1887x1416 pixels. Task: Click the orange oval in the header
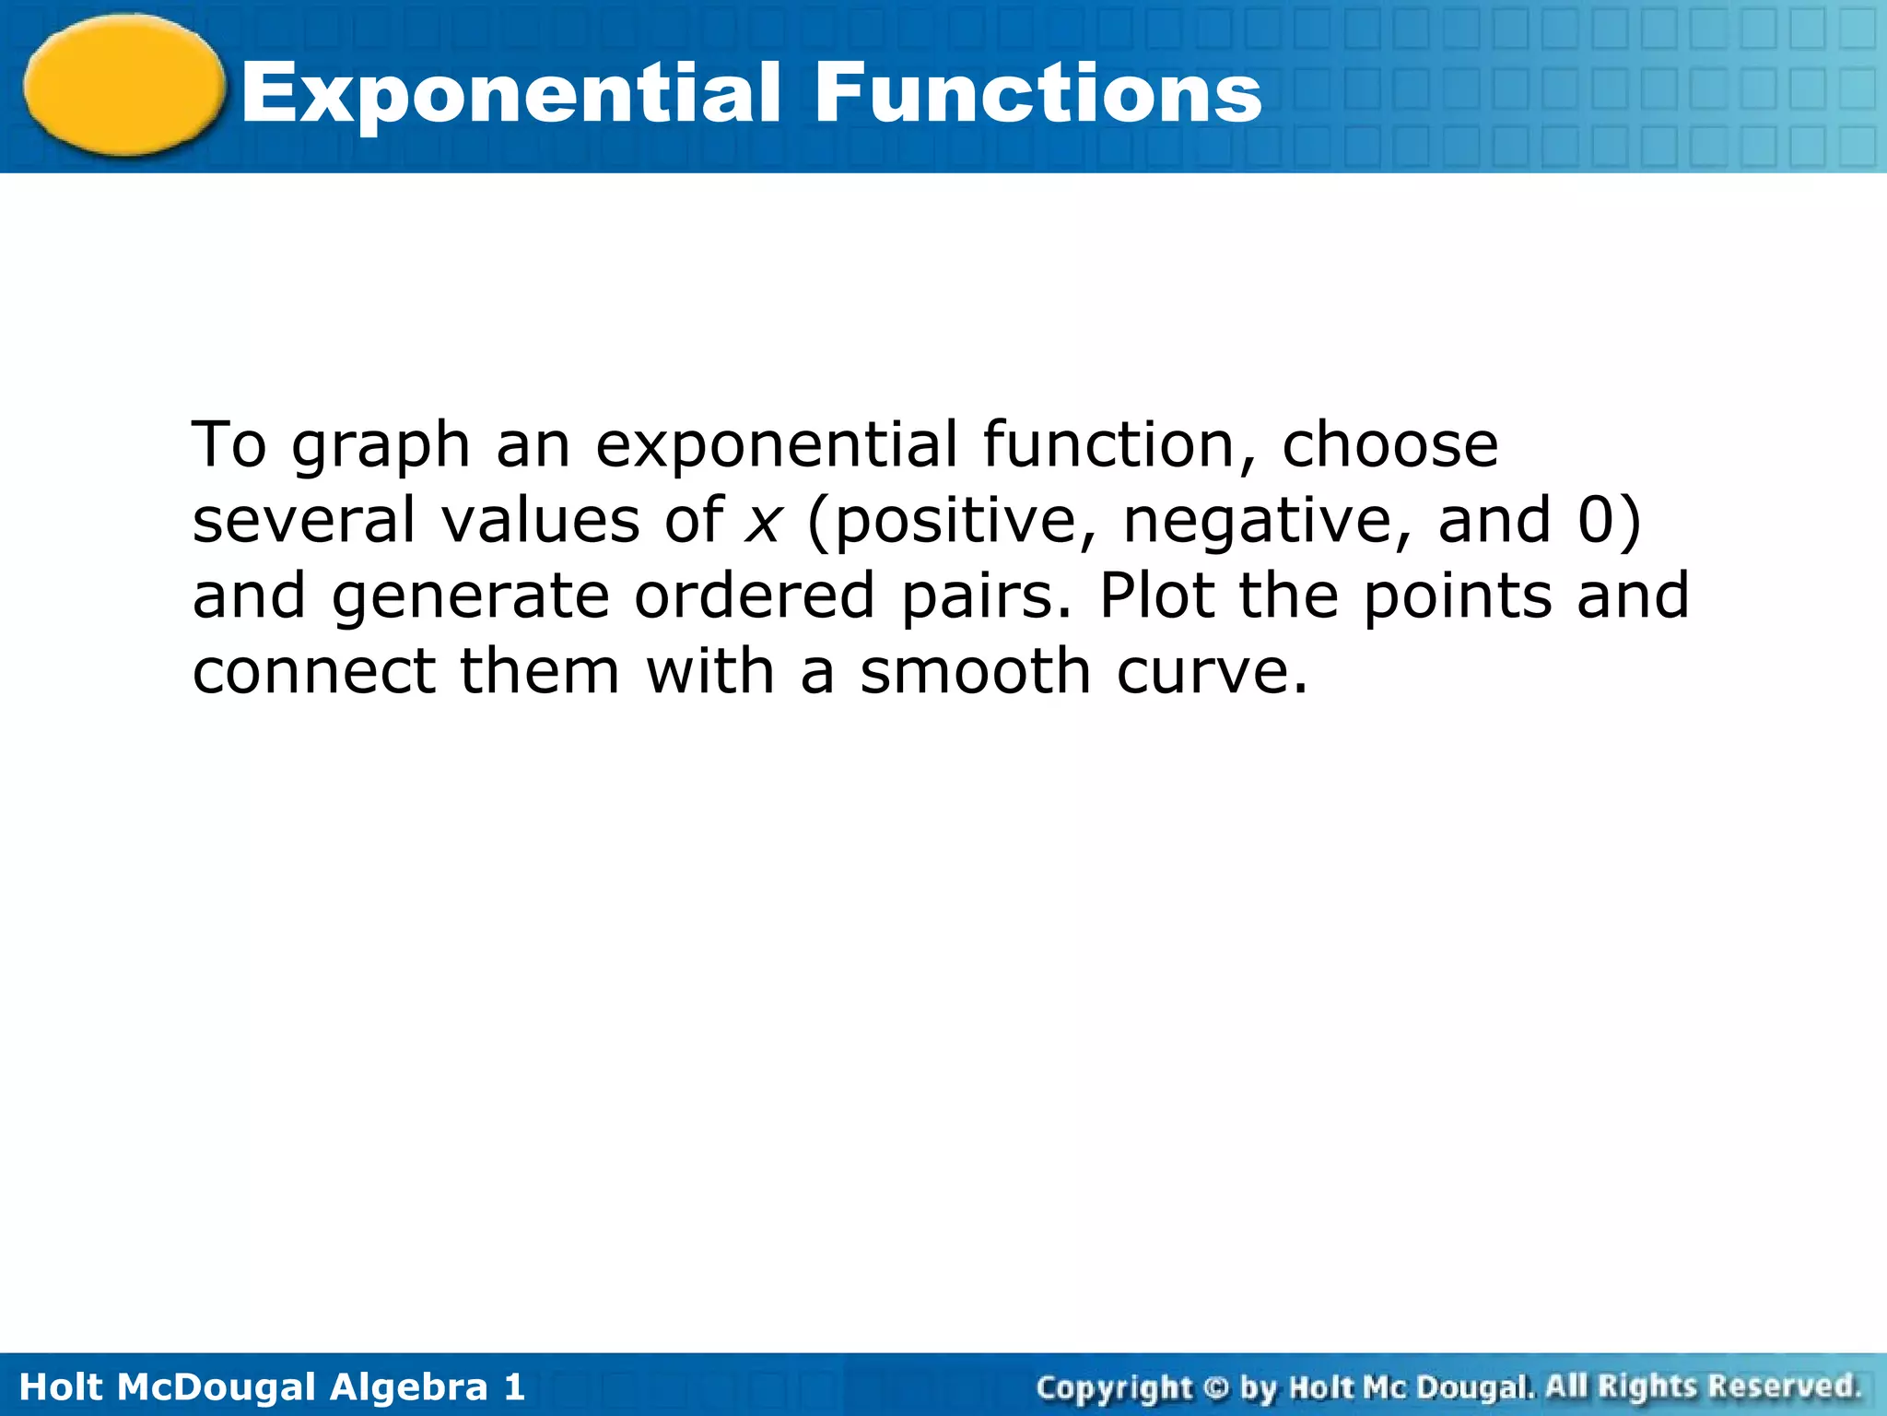click(123, 85)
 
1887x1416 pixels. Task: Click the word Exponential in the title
click(511, 94)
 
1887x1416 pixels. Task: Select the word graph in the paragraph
click(381, 448)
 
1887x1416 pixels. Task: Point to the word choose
click(1390, 446)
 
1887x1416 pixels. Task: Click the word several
click(304, 520)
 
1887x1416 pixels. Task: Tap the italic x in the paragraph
click(764, 522)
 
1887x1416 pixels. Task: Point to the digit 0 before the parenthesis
click(1597, 520)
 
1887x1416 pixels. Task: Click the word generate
click(470, 597)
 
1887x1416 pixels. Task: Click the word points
click(1458, 597)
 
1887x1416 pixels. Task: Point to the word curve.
click(1212, 673)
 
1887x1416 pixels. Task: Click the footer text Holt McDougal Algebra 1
click(272, 1386)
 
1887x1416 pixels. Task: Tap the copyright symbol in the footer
click(1216, 1386)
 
